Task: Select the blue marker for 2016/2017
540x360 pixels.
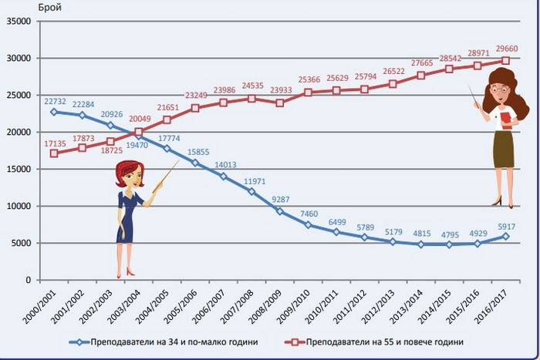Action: (x=506, y=236)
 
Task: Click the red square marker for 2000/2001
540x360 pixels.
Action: (x=53, y=153)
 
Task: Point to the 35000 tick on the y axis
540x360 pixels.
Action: (x=17, y=22)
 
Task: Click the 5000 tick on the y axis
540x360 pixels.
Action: (x=19, y=244)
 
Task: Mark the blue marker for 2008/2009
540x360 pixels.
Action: (x=280, y=211)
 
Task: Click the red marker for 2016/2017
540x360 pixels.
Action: (x=506, y=60)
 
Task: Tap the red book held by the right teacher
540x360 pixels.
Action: (x=506, y=116)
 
